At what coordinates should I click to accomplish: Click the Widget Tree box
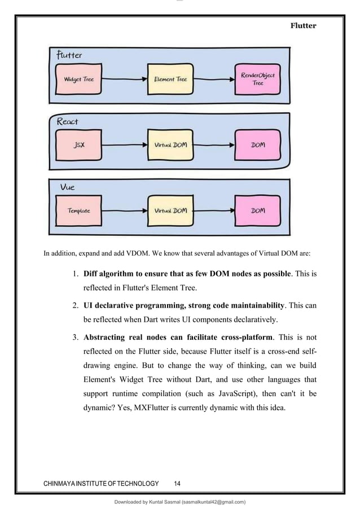[79, 80]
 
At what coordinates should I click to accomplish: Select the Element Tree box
[170, 80]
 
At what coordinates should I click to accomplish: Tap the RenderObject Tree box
[257, 80]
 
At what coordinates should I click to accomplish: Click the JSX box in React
[80, 145]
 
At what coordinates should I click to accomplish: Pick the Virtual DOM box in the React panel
[170, 145]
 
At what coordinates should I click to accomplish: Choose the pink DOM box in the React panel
[258, 145]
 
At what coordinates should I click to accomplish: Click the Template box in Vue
[79, 210]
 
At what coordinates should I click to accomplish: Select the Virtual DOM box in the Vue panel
[170, 210]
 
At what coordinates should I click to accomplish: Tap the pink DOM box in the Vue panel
[258, 210]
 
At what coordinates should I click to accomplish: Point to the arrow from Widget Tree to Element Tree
[125, 80]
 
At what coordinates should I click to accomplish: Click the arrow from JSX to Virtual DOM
[125, 145]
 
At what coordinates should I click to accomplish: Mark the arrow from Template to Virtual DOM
[125, 210]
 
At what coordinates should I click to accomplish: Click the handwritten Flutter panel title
[69, 55]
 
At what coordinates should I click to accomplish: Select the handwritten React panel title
[68, 121]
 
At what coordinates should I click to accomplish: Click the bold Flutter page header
[304, 26]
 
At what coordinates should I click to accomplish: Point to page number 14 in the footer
[177, 484]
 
